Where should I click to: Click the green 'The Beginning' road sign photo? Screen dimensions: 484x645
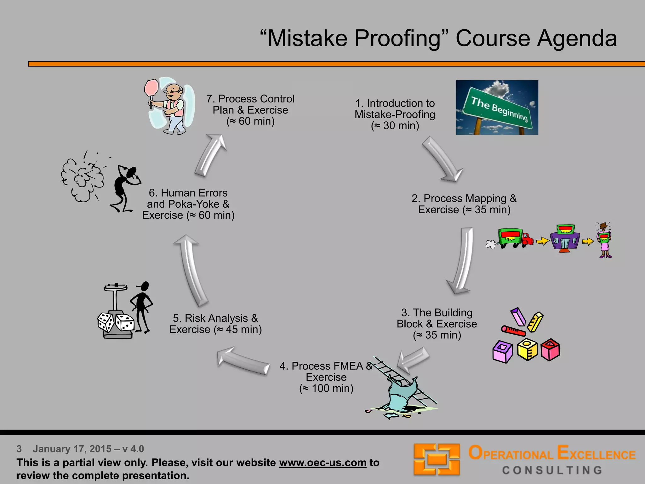(497, 107)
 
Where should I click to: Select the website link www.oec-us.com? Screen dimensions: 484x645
(322, 463)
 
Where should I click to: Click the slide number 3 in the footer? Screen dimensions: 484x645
(19, 449)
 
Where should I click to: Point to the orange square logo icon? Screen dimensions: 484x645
(437, 459)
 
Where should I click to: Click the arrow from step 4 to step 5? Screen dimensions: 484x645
(243, 361)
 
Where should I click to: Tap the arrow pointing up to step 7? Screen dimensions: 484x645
(210, 155)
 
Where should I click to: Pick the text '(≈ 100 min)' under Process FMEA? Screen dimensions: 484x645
(326, 388)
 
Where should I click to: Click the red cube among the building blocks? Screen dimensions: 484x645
(550, 349)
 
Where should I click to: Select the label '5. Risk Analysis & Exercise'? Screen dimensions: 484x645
(215, 324)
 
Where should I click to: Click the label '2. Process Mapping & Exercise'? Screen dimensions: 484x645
(464, 204)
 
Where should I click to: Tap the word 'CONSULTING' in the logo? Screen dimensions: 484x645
(552, 470)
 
